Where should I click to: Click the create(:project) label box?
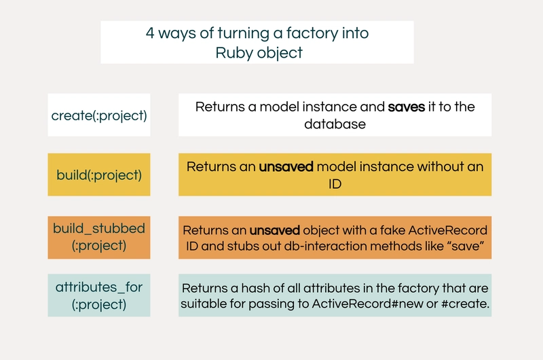pos(99,115)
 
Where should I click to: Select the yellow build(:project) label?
pos(99,175)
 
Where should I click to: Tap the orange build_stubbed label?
pos(99,237)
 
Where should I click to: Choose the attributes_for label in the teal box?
pos(99,295)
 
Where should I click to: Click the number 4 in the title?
pos(150,33)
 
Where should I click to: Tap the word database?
pos(335,124)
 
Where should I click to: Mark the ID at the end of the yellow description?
pos(335,183)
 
